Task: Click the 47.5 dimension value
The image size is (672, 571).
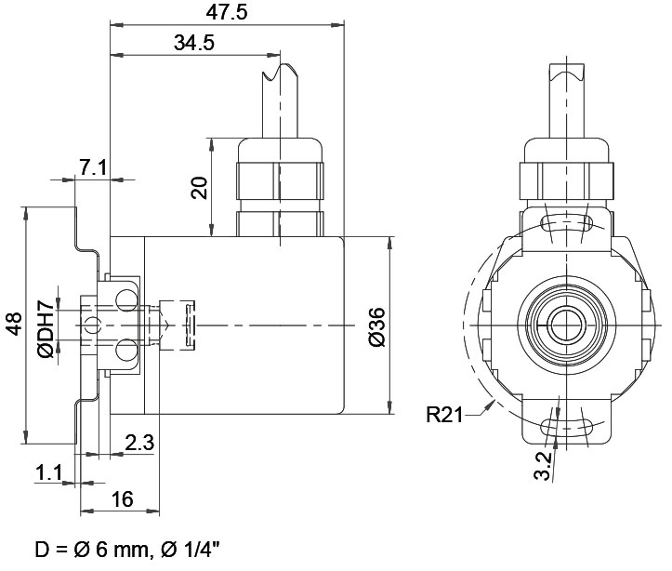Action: click(227, 12)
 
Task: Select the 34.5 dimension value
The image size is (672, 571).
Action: click(194, 43)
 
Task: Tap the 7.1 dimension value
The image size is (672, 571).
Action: click(93, 167)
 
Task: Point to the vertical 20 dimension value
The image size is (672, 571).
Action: click(200, 187)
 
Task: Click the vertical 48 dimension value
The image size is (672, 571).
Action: click(14, 324)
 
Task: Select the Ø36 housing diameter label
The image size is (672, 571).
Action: click(377, 326)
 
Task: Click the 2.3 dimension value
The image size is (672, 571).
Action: click(139, 443)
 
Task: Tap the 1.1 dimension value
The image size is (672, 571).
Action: click(48, 473)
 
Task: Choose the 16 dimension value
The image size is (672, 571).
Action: click(122, 499)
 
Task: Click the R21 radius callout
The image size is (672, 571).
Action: click(444, 415)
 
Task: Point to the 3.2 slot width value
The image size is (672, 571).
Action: click(543, 466)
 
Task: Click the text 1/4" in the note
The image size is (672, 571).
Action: click(199, 549)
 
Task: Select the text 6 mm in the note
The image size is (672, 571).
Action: click(120, 550)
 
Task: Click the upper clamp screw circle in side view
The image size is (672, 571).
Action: click(126, 300)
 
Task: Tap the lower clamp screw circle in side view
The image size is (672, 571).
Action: click(126, 350)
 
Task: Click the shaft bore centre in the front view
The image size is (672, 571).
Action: click(567, 325)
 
